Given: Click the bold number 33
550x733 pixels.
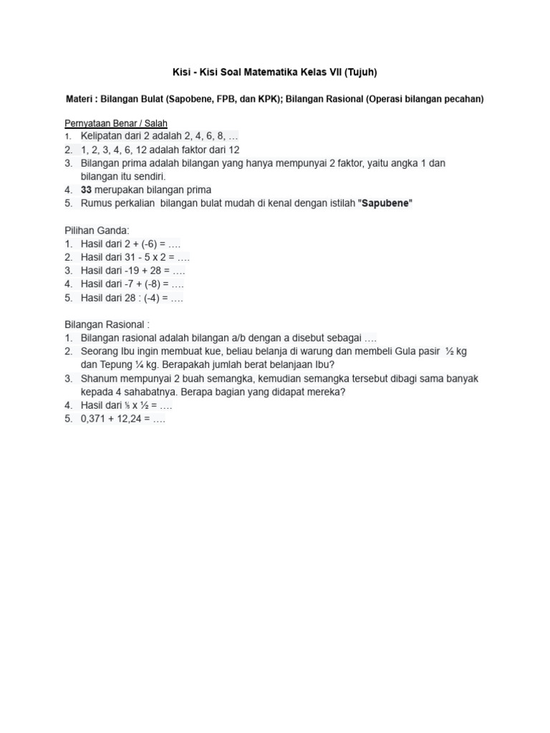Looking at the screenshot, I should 87,190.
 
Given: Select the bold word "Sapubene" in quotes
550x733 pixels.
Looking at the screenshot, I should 387,203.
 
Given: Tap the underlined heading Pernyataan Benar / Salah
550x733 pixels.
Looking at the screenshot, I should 116,123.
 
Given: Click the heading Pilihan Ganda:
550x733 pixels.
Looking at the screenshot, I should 97,230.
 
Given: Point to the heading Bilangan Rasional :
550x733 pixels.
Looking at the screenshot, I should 107,324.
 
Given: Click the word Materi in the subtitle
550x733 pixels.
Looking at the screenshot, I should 80,99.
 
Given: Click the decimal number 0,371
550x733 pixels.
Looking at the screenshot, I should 95,419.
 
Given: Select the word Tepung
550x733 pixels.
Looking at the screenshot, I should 117,365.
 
